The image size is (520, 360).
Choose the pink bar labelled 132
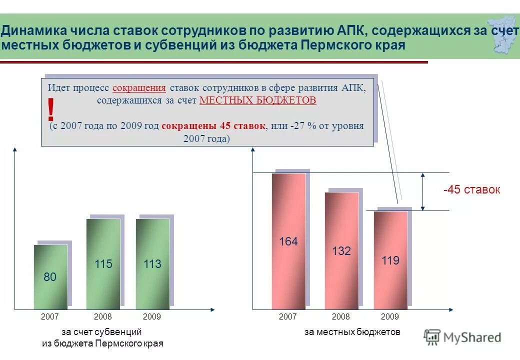coord(341,250)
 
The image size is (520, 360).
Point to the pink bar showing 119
coord(390,260)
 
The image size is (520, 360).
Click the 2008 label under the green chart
coord(103,317)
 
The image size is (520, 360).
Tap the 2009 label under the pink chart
coord(390,317)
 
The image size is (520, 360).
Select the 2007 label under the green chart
coord(50,317)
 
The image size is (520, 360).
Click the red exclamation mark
coord(50,109)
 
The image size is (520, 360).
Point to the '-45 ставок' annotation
coord(471,190)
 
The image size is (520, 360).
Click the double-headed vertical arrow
coord(423,191)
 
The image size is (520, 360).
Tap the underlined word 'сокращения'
coord(139,87)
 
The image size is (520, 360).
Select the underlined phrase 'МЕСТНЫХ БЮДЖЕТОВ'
coord(257,100)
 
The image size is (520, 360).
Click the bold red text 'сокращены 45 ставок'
coord(213,125)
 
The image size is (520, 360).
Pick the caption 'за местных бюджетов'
coord(352,331)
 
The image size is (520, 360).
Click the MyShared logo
coord(462,337)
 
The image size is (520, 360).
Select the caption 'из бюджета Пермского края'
coord(102,343)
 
